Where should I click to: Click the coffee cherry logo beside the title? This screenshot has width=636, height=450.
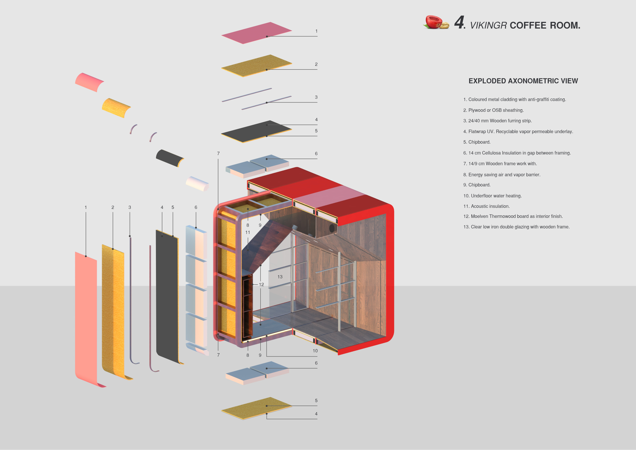tap(435, 22)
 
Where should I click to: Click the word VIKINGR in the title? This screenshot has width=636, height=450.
tap(488, 25)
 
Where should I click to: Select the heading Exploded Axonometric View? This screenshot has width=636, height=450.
tap(523, 81)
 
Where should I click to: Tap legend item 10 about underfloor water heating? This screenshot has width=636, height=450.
tap(492, 196)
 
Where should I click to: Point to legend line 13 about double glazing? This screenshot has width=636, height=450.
tap(516, 227)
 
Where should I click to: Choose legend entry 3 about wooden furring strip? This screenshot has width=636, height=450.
tap(497, 121)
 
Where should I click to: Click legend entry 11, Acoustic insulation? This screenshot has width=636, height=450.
tap(486, 206)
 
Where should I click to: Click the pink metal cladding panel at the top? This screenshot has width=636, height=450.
tap(256, 33)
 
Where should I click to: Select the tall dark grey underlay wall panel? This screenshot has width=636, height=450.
tap(167, 297)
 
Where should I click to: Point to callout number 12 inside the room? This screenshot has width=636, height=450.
tap(261, 285)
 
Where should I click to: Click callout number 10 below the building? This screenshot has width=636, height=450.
tap(315, 351)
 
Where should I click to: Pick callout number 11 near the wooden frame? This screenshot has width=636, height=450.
tap(248, 232)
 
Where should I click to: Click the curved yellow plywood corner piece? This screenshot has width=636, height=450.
tap(116, 107)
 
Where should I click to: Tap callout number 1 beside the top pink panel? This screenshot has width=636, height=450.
tap(316, 31)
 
